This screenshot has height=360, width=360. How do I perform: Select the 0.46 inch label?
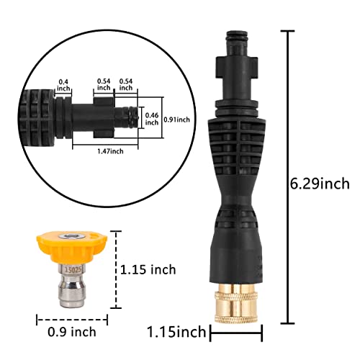click(151, 119)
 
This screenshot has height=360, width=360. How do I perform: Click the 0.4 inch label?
click(63, 84)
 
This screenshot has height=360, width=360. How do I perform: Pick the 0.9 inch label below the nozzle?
click(71, 333)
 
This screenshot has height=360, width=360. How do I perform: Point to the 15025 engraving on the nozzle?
click(71, 269)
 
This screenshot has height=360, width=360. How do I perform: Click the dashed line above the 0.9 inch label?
click(71, 320)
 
